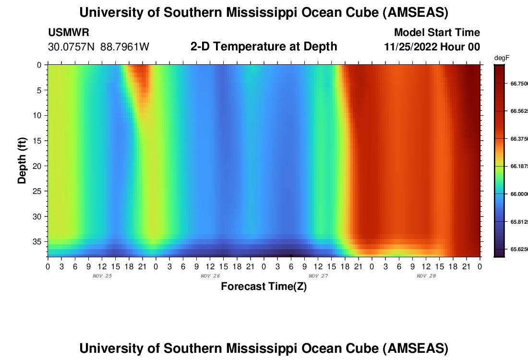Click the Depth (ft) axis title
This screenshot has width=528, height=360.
point(22,160)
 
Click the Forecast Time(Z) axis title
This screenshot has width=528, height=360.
point(264,287)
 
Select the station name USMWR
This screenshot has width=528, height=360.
point(69,33)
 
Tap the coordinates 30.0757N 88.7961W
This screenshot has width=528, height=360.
point(99,47)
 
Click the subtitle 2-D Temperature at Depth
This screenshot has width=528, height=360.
point(264,47)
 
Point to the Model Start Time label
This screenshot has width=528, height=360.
point(437,33)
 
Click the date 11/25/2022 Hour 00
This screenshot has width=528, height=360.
point(432,47)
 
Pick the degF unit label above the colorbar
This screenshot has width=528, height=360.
point(502,58)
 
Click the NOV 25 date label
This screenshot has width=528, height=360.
point(102,276)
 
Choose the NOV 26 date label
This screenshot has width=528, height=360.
point(210,276)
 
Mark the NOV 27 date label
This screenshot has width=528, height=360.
point(318,276)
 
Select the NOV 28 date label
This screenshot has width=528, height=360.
point(426,276)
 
